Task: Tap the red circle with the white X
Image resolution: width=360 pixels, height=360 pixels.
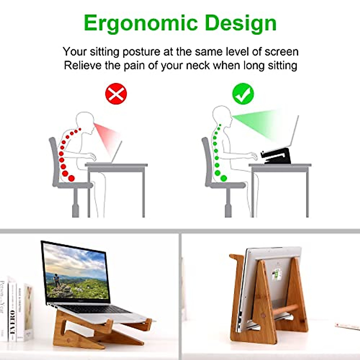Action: pyautogui.click(x=116, y=94)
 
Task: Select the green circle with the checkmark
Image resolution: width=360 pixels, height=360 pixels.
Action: pyautogui.click(x=243, y=94)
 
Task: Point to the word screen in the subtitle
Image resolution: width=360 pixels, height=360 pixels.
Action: pyautogui.click(x=281, y=52)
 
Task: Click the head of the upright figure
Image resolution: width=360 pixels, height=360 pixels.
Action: pyautogui.click(x=222, y=115)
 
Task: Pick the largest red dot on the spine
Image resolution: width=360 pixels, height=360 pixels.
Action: pyautogui.click(x=71, y=178)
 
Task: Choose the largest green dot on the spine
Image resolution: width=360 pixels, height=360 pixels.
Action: pyautogui.click(x=223, y=178)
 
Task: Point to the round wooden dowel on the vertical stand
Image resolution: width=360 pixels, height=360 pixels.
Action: pyautogui.click(x=285, y=309)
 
